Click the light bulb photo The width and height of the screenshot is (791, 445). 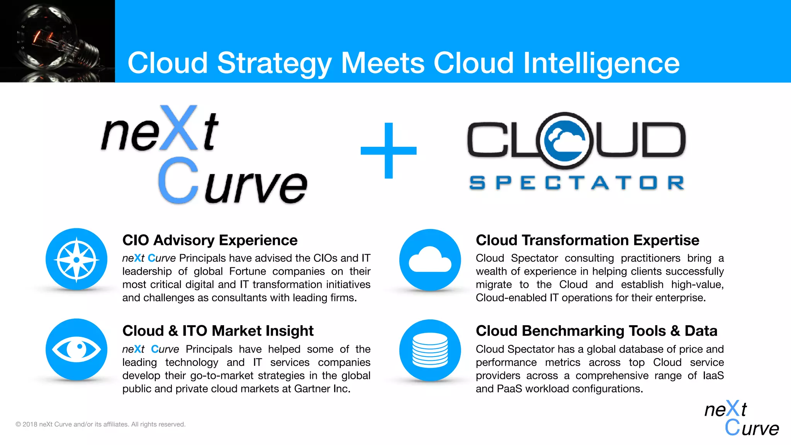click(57, 41)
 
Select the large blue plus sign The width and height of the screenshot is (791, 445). click(389, 151)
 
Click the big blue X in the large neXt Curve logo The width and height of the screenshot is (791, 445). click(178, 128)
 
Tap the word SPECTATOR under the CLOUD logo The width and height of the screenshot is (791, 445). click(577, 183)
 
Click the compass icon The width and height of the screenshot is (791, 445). click(76, 260)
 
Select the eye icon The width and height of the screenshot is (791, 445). click(76, 350)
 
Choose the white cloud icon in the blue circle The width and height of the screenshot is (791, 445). click(430, 260)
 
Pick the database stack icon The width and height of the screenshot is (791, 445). click(430, 350)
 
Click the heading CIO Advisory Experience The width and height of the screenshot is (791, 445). click(210, 240)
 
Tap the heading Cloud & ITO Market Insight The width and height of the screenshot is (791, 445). click(218, 331)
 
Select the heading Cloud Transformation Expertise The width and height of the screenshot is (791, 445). click(587, 240)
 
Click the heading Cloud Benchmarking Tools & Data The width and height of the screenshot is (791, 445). click(596, 331)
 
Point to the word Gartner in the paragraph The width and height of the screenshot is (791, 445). click(312, 389)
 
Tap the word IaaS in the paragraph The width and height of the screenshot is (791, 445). click(713, 375)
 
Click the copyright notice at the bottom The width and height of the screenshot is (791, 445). click(100, 424)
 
